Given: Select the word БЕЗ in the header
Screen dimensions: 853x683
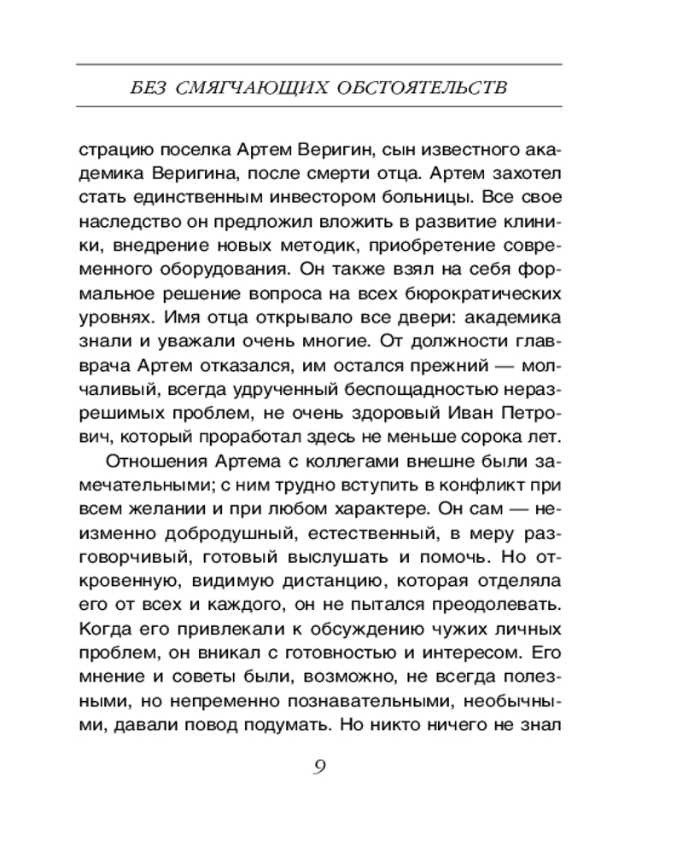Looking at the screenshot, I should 138,87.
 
